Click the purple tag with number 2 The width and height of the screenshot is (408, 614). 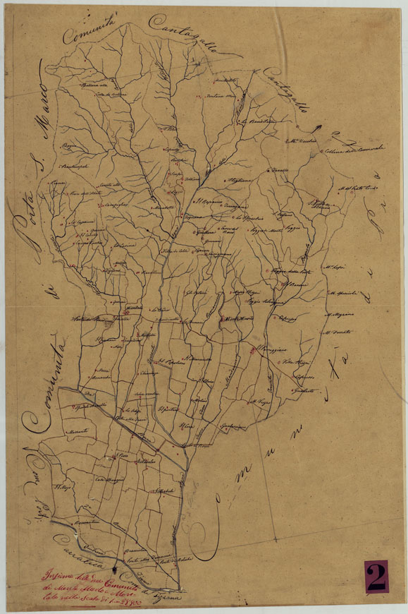point(376,576)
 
